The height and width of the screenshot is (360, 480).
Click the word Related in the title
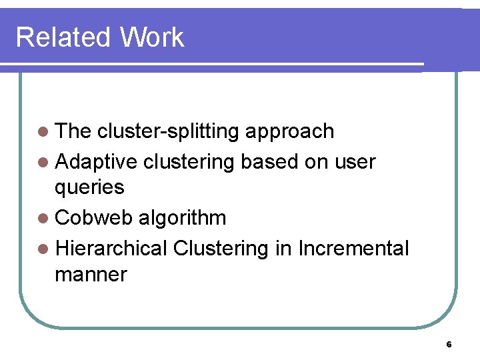(63, 37)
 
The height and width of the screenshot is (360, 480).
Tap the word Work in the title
(152, 37)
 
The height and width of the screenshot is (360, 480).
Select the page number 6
(449, 345)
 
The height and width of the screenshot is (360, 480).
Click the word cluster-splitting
(168, 131)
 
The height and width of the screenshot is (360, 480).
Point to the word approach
(290, 131)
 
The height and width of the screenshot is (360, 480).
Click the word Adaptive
(97, 161)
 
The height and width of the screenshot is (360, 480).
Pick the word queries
(89, 188)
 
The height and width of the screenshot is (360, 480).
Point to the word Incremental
(353, 248)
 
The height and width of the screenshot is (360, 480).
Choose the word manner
(91, 274)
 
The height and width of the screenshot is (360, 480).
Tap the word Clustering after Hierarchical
(220, 248)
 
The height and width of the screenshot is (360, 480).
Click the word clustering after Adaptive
(189, 161)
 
